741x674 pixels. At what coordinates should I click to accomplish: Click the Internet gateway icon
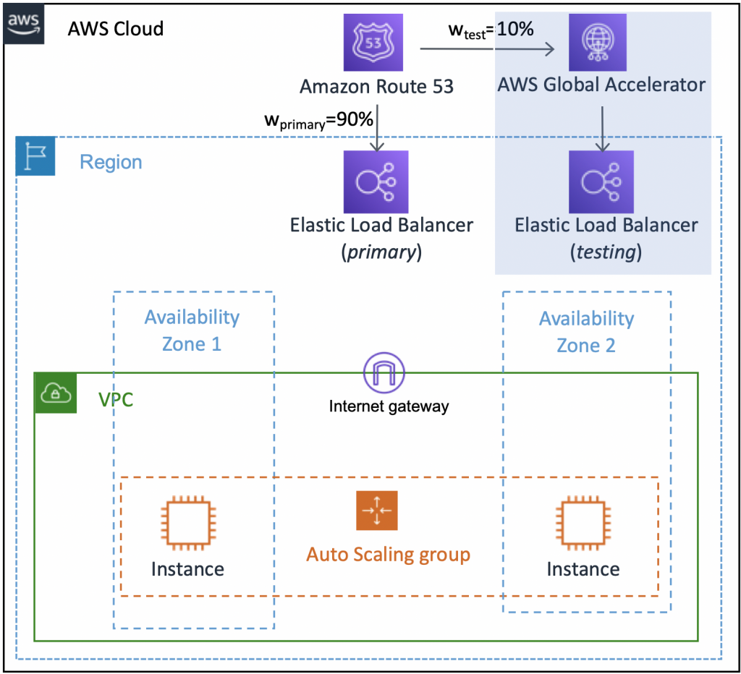[x=384, y=373]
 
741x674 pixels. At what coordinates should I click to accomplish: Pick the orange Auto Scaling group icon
[x=376, y=511]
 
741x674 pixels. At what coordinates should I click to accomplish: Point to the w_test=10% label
[x=491, y=30]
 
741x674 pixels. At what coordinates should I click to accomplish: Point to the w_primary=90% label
[x=319, y=120]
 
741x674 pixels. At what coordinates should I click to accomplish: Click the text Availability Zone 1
[x=192, y=330]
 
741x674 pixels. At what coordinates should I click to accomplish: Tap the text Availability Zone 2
[x=586, y=332]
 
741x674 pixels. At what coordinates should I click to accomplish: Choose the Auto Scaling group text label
[x=388, y=555]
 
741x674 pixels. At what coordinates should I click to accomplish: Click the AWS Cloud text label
[x=116, y=29]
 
